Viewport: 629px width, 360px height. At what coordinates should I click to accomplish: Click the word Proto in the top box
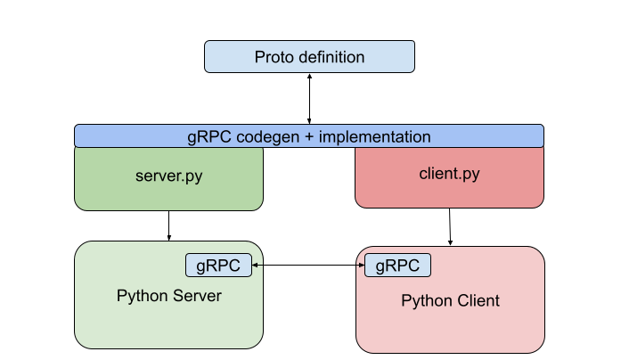274,57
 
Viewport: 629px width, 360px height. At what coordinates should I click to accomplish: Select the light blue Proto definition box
309,57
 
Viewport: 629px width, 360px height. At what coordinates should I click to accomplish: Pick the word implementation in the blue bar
375,137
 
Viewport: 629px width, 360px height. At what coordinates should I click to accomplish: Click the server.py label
168,176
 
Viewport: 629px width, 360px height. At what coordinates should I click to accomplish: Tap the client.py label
449,174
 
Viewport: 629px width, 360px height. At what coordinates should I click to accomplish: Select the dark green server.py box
168,192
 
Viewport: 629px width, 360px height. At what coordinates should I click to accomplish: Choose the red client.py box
449,192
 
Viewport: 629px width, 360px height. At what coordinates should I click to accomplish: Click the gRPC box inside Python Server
218,266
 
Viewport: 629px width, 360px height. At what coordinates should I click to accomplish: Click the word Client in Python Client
478,301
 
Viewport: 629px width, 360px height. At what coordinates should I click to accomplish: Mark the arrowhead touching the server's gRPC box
255,266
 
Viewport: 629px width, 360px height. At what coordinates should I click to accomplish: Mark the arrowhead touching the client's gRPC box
362,266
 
